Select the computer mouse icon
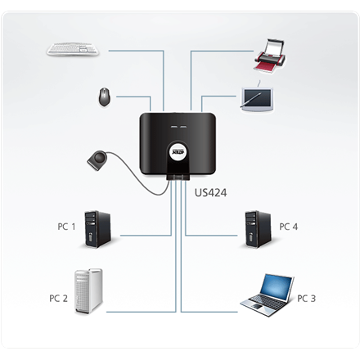(x=104, y=97)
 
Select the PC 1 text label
(x=67, y=227)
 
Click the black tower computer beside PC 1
(x=97, y=230)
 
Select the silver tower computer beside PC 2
(x=88, y=290)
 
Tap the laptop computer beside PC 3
(x=267, y=293)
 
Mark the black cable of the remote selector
(x=131, y=176)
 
